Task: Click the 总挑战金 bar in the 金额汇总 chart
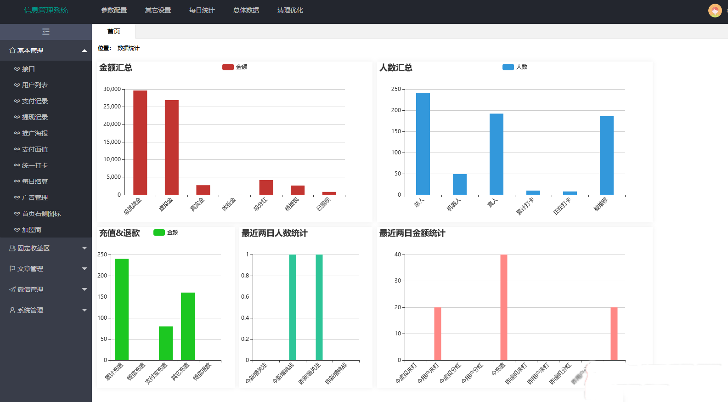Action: coord(140,142)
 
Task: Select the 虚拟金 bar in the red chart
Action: coord(172,147)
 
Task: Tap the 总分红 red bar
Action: coord(266,187)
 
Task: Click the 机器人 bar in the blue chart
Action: coord(459,184)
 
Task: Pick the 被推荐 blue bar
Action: coord(606,155)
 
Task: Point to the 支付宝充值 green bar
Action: coord(166,343)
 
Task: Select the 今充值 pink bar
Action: coord(504,307)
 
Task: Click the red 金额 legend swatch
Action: coord(228,67)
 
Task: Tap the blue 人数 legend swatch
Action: coord(508,67)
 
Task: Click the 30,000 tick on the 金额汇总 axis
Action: coord(112,89)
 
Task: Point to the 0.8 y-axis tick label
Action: coord(245,276)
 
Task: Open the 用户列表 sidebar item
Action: coord(35,85)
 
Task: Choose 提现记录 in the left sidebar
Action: coord(35,117)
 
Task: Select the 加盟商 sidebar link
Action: coord(32,230)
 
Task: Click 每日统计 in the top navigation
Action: coord(202,10)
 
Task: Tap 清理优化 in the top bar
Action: coord(290,10)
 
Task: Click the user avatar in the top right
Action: coord(715,10)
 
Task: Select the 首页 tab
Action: coord(113,31)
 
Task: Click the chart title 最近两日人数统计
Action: coord(274,233)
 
